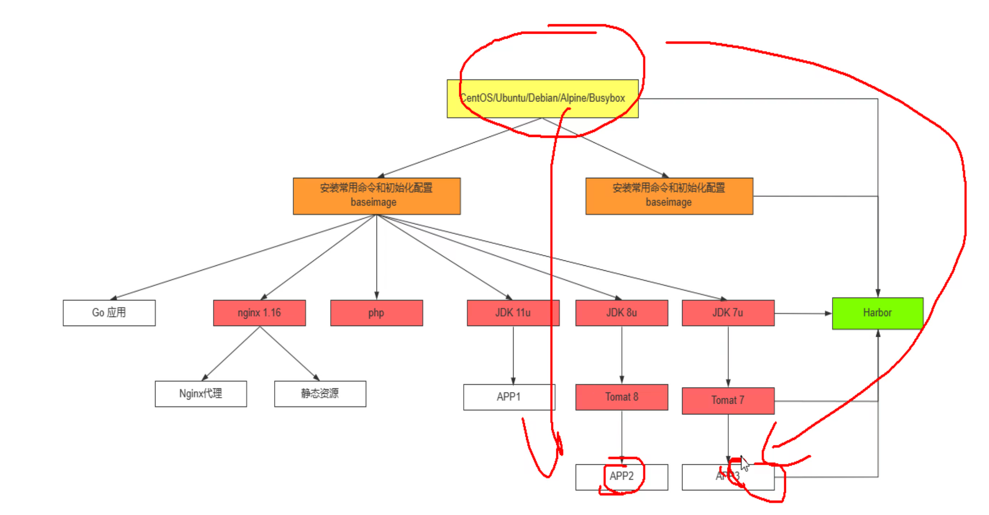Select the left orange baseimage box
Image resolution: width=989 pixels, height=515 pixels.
[x=377, y=196]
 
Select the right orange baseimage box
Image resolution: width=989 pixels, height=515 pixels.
[x=669, y=196]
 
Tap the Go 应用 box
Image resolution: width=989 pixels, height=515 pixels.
[x=109, y=313]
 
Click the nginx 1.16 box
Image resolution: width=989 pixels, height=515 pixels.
[x=259, y=313]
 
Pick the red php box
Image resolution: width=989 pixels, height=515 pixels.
[x=377, y=313]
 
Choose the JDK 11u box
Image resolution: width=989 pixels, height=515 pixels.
[x=513, y=313]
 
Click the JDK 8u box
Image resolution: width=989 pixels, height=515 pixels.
[x=621, y=313]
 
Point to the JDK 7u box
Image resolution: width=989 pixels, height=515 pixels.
[x=728, y=313]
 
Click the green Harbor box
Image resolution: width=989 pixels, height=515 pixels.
[x=877, y=313]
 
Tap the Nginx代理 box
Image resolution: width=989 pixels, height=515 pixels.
[x=201, y=394]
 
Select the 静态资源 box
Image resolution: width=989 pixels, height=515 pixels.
[x=320, y=394]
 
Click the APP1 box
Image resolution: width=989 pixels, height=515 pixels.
[x=509, y=397]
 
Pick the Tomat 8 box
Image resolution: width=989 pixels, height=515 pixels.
[x=621, y=397]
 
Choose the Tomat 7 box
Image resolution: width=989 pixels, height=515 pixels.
[x=728, y=400]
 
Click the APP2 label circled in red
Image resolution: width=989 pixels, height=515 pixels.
[x=621, y=476]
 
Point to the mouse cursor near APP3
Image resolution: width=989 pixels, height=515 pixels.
[x=744, y=463]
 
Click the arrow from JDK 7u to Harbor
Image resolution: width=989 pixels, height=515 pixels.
[x=803, y=313]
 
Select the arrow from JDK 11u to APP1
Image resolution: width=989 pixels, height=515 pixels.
[x=513, y=355]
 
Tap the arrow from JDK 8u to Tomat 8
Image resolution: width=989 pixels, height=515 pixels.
[x=622, y=355]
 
